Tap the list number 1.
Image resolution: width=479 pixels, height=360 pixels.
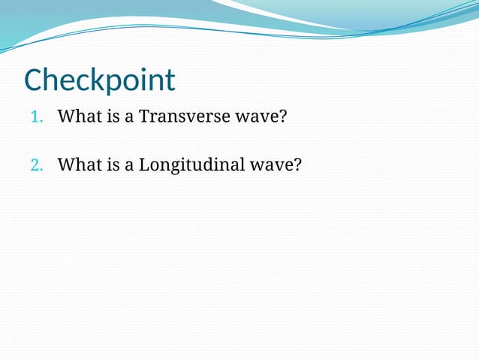point(37,118)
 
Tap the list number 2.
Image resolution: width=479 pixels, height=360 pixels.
point(37,165)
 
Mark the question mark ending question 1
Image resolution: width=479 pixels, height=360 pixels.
point(283,118)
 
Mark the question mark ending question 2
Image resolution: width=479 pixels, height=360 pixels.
point(297,165)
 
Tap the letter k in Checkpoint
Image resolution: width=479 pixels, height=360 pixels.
point(98,80)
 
